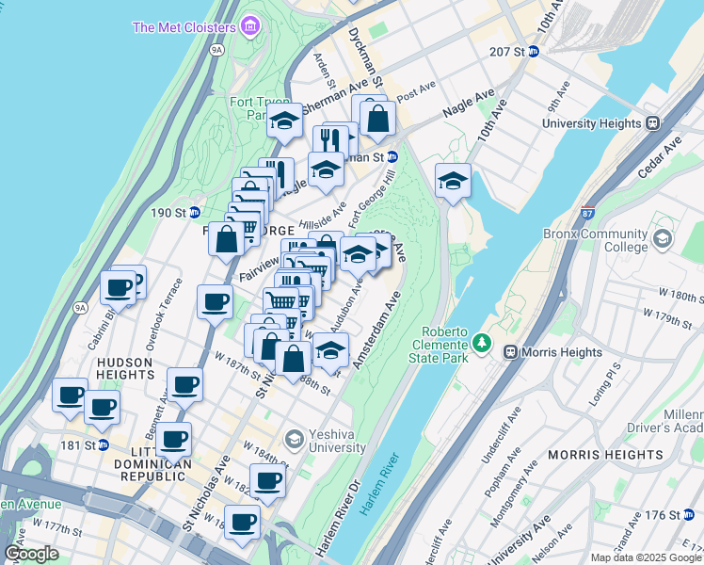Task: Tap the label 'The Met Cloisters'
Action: coord(184,26)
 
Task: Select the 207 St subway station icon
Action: coord(533,51)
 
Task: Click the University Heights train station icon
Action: coord(651,122)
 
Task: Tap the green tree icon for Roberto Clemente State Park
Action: coord(483,341)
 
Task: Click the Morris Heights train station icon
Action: coord(510,352)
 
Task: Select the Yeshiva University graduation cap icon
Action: coord(294,439)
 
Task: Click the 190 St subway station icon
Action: coord(194,213)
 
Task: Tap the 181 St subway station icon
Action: coord(104,444)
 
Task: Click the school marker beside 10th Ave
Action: coord(453,180)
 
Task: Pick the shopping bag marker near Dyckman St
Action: coord(377,119)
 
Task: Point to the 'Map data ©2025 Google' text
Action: coord(645,557)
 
